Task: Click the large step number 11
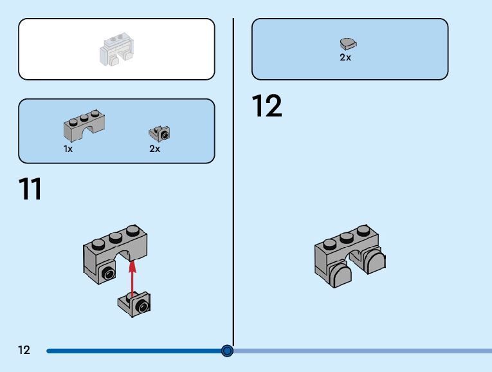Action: click(x=30, y=189)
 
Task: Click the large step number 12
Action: click(x=266, y=106)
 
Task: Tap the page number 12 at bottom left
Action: click(x=24, y=350)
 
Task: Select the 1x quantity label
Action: click(x=68, y=149)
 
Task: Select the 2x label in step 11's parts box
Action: click(x=154, y=149)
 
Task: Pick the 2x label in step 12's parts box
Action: click(x=345, y=57)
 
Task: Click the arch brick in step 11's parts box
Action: click(x=84, y=127)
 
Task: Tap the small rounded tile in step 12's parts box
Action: click(x=348, y=44)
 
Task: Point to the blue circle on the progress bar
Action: click(x=227, y=351)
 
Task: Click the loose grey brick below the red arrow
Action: click(x=135, y=303)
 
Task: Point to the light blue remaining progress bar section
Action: click(x=360, y=351)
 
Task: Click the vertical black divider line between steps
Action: click(x=233, y=193)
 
